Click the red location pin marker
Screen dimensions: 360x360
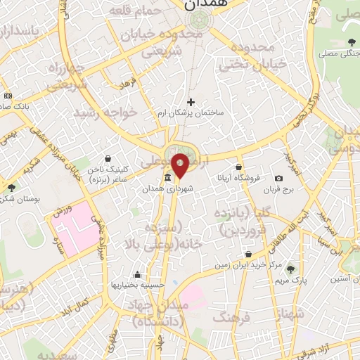click(x=181, y=166)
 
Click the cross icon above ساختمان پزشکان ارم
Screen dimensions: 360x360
click(x=191, y=102)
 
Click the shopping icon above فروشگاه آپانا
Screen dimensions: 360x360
click(x=240, y=167)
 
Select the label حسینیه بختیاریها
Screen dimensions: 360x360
click(x=137, y=285)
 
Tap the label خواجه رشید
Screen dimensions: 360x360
click(x=105, y=112)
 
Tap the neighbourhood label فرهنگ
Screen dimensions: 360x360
click(x=236, y=319)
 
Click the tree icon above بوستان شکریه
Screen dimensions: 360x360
click(x=11, y=188)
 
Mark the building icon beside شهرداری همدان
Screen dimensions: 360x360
click(x=167, y=178)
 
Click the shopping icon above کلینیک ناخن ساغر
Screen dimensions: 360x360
click(x=107, y=159)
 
